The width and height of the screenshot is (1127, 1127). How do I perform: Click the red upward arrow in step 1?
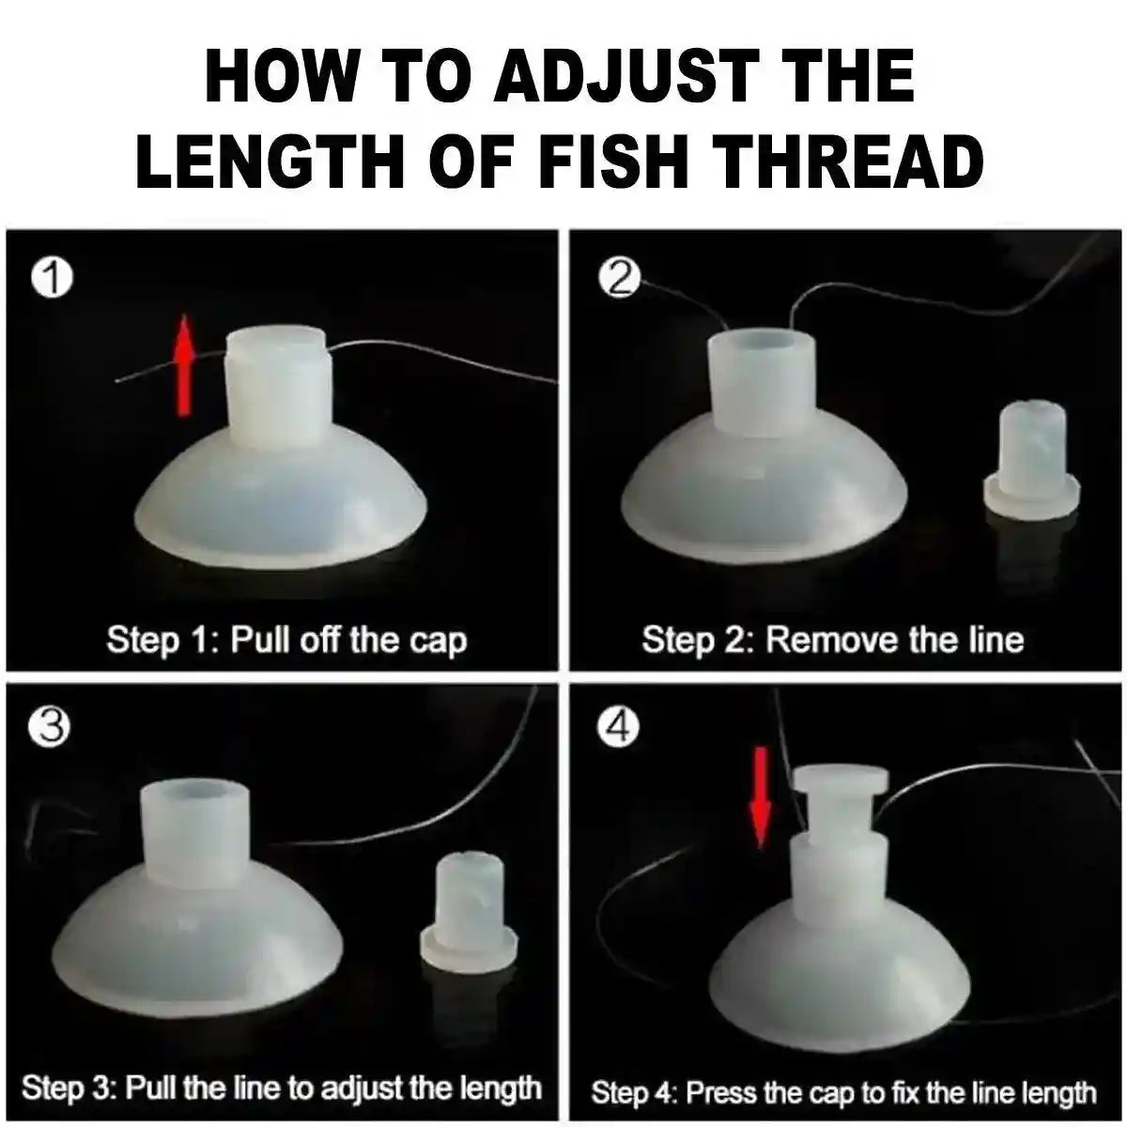coord(185,365)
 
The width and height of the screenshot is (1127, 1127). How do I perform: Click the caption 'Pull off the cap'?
coord(348,641)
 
